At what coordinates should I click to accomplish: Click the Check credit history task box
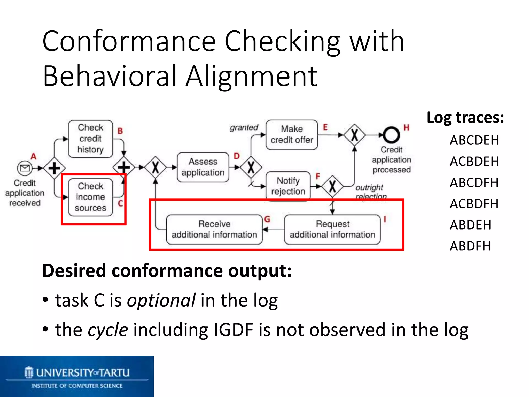(90, 139)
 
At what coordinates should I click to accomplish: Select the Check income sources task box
(90, 197)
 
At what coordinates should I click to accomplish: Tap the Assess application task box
(203, 167)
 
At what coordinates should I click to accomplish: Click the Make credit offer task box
(292, 135)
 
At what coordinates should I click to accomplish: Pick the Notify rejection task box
(288, 186)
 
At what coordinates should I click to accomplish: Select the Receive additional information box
(214, 229)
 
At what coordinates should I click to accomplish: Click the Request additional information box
(332, 229)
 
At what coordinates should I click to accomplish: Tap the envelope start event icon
(25, 168)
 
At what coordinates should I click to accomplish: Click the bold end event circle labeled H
(391, 135)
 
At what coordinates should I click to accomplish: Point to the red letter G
(267, 219)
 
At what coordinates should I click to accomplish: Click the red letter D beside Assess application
(237, 156)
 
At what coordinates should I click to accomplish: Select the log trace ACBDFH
(474, 204)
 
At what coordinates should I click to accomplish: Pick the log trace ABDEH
(470, 225)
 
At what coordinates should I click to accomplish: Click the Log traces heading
(465, 118)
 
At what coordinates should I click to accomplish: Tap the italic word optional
(161, 300)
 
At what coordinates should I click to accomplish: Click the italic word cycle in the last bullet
(108, 330)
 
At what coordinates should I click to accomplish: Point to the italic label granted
(244, 127)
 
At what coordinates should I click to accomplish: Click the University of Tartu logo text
(82, 373)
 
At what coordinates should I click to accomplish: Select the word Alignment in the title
(252, 76)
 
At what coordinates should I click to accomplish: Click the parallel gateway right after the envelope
(54, 168)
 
